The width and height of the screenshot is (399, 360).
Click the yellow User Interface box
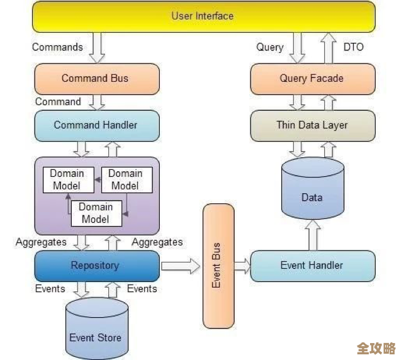203,16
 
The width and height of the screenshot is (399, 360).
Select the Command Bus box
96,79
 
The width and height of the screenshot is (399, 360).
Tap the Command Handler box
96,125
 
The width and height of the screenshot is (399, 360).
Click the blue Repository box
96,266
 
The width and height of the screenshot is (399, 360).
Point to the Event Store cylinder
96,330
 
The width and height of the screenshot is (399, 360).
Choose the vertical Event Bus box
216,266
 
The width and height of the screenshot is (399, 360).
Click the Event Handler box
312,266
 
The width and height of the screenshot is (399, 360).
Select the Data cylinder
312,192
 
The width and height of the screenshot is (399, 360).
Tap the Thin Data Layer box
312,125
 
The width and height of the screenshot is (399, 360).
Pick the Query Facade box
312,79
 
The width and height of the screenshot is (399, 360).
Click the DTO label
354,47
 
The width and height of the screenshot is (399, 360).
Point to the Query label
270,47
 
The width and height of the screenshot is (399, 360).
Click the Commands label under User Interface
57,47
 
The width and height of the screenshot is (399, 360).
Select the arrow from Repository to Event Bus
180,266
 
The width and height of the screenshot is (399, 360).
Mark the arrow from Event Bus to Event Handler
242,266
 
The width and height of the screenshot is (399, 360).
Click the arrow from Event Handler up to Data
312,235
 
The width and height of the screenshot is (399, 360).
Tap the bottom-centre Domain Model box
95,213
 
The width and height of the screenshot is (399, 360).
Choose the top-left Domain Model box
67,179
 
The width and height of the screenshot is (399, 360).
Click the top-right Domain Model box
125,179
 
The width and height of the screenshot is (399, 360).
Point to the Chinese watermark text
376,348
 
